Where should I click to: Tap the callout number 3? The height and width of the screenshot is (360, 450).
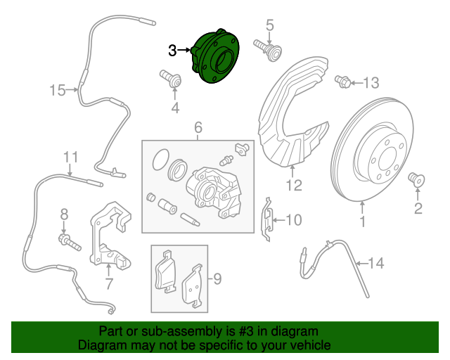[173, 50]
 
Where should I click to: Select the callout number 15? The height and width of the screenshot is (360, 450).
[57, 90]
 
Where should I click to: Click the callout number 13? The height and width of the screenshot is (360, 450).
[371, 84]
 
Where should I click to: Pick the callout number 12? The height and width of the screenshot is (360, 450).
[294, 186]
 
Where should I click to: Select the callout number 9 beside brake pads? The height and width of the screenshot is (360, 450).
[217, 280]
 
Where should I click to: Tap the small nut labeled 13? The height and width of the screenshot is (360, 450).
[344, 82]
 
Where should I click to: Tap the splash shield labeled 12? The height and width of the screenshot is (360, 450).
[288, 120]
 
